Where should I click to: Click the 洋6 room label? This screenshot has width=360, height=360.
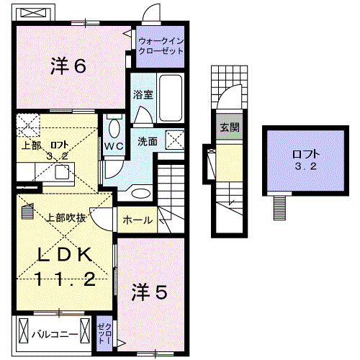click(68, 66)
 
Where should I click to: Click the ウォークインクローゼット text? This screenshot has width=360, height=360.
click(161, 47)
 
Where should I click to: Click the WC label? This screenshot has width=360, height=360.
click(114, 145)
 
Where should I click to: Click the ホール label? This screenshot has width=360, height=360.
click(138, 220)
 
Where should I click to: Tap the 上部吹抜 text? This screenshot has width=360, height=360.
click(68, 217)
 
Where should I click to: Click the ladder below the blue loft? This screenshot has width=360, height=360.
click(279, 208)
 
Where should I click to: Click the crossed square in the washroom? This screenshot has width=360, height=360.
click(175, 140)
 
